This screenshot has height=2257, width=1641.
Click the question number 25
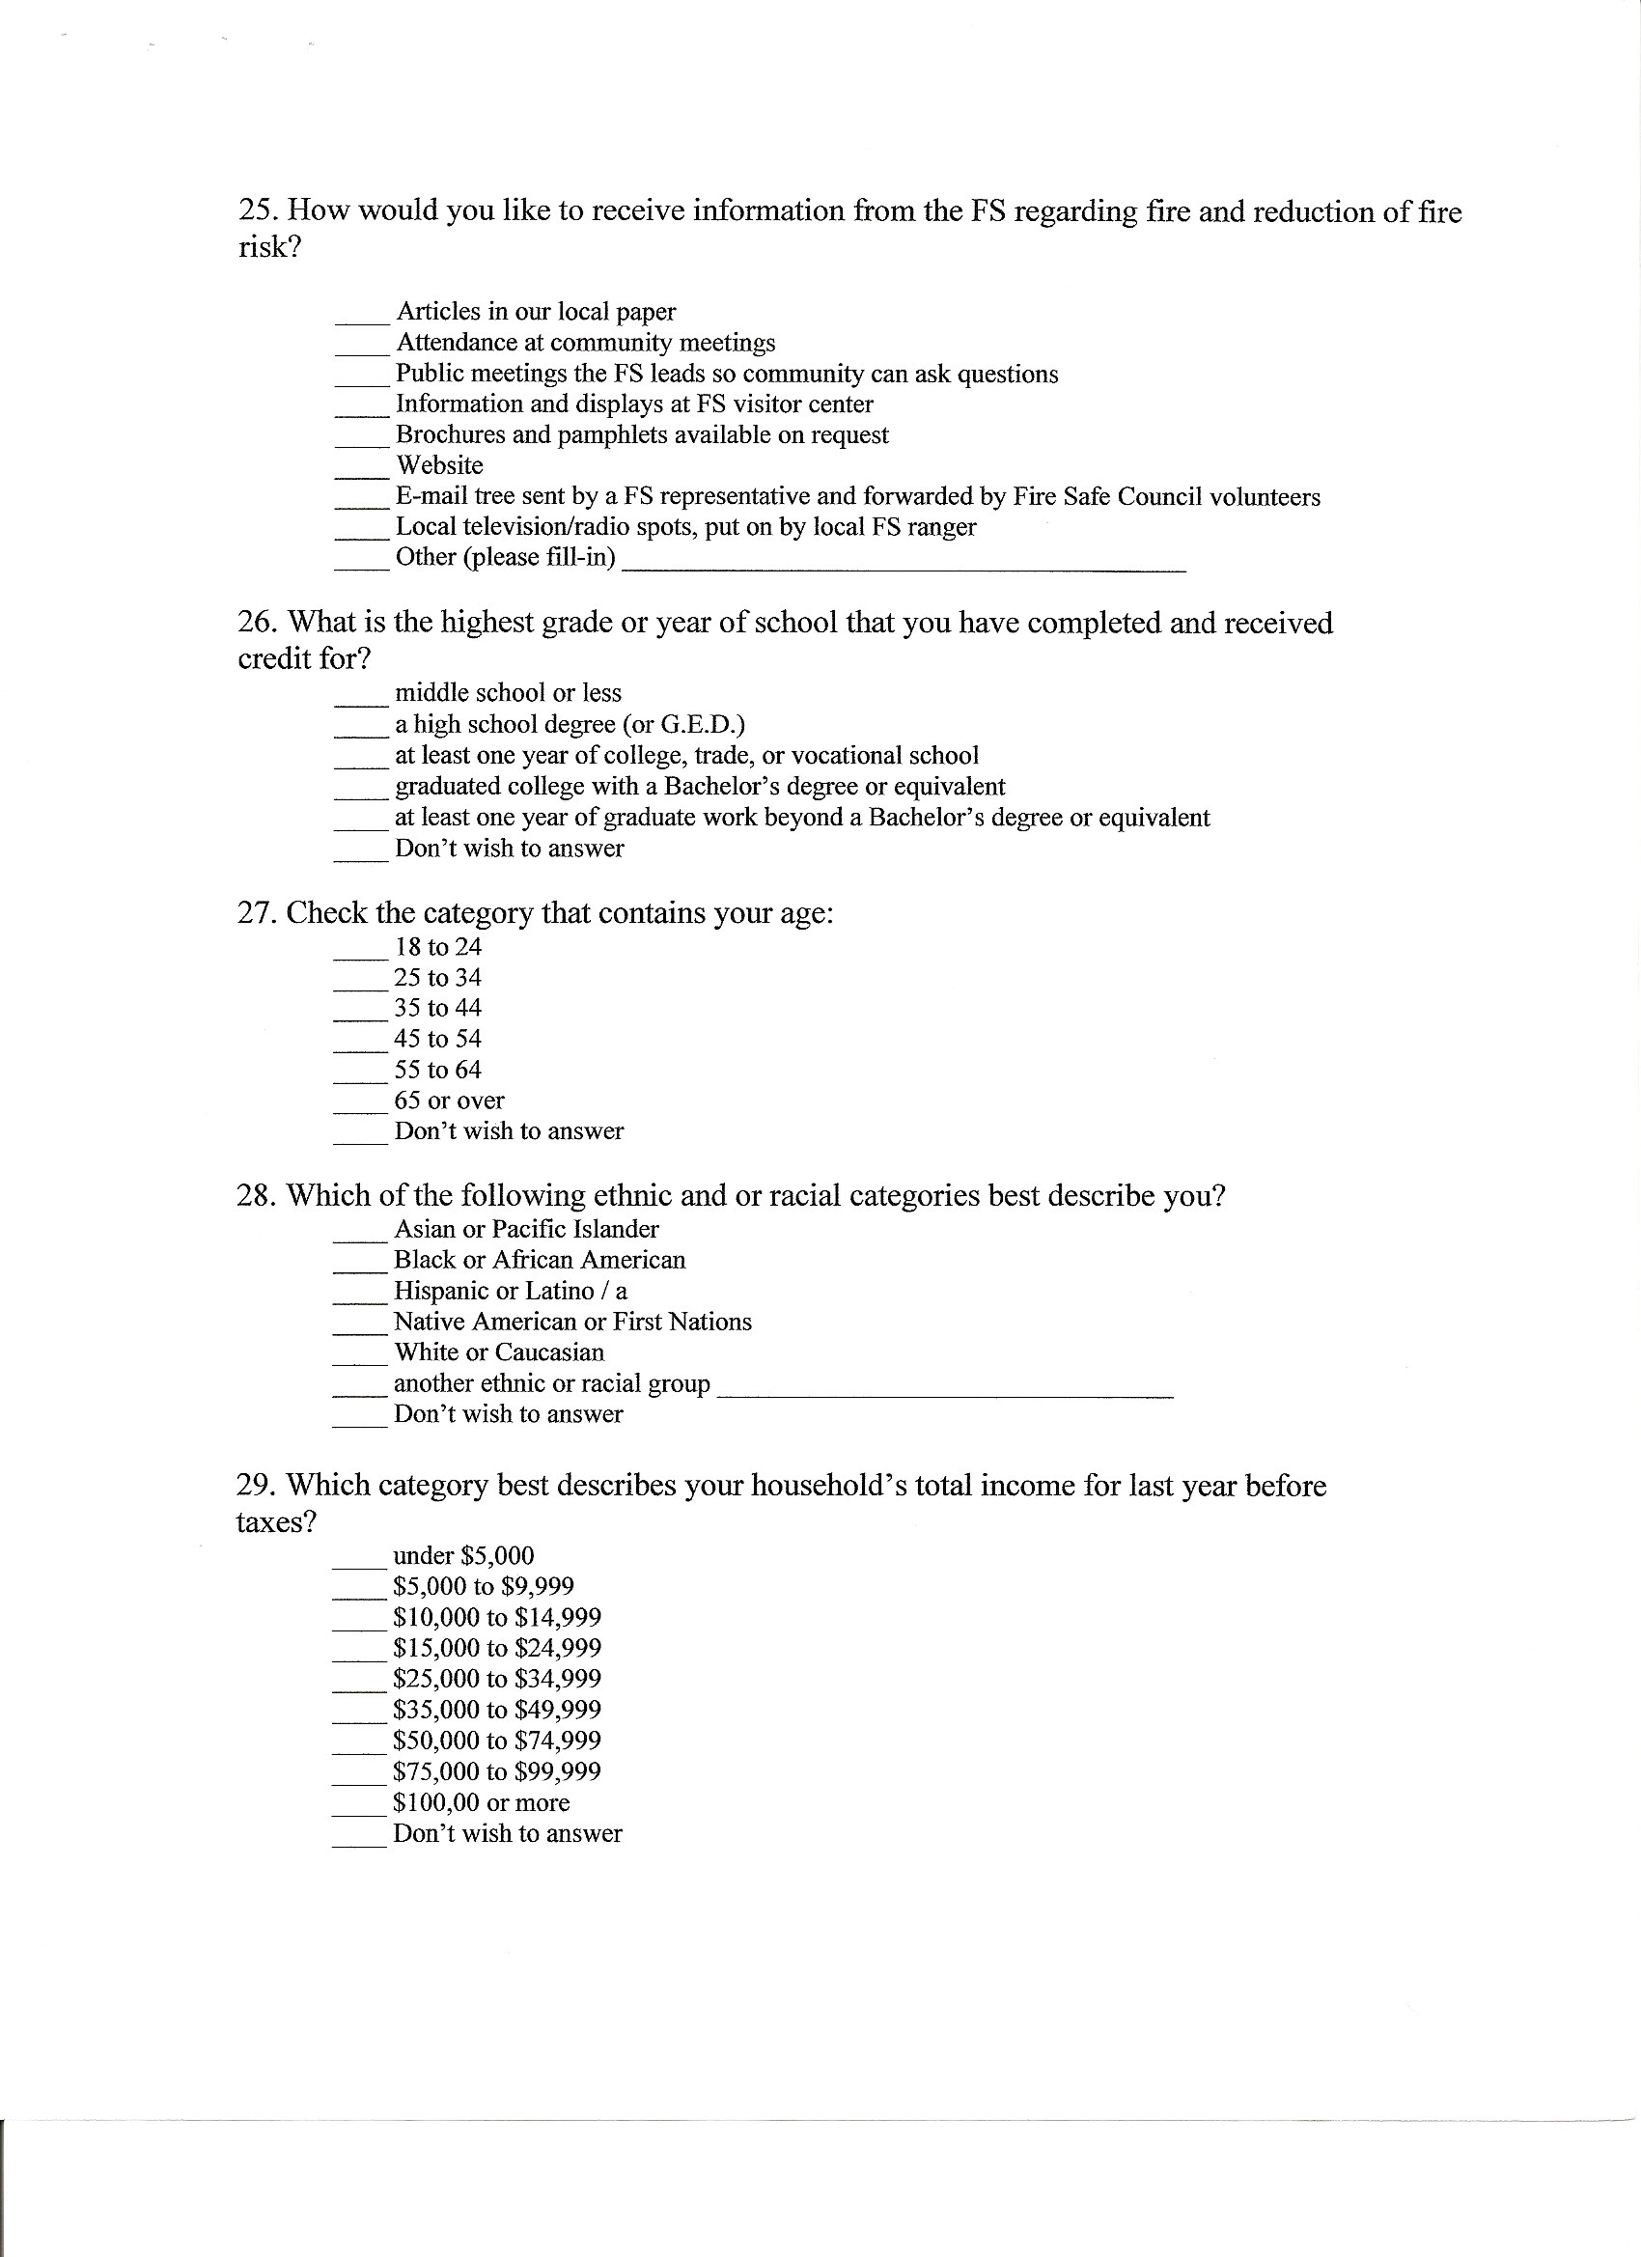click(x=258, y=212)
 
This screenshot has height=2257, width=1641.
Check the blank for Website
click(x=360, y=476)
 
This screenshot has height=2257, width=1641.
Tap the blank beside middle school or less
click(x=359, y=703)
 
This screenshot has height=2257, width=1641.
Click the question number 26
click(x=258, y=624)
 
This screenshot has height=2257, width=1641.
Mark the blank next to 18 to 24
click(x=359, y=957)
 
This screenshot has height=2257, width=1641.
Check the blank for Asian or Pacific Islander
click(x=359, y=1239)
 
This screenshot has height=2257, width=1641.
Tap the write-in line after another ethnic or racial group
click(x=944, y=1395)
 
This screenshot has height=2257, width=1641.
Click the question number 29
click(x=257, y=1487)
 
